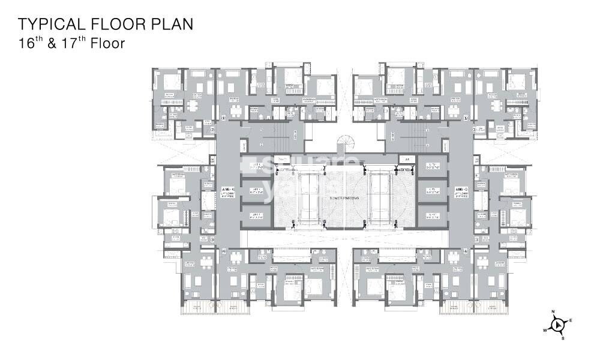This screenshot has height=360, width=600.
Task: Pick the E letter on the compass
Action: [571, 320]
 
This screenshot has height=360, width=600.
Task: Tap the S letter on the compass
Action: [563, 338]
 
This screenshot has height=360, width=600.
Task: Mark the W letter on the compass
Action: [545, 330]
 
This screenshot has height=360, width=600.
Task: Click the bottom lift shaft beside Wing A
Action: [256, 215]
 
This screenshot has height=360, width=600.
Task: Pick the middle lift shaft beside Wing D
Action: [432, 191]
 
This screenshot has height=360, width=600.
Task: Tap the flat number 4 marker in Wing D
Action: [466, 252]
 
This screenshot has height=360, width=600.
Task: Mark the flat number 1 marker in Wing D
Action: [466, 118]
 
